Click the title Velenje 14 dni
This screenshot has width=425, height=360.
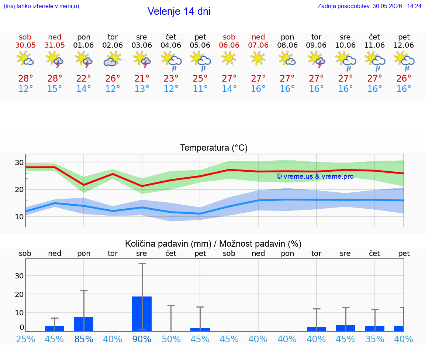tap(179, 11)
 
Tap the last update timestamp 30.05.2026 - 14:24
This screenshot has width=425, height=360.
tap(397, 6)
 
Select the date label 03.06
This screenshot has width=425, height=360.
tap(142, 45)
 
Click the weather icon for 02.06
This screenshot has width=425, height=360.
tap(113, 59)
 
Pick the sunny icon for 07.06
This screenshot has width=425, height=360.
tap(258, 58)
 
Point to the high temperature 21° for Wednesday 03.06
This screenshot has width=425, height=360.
tap(142, 78)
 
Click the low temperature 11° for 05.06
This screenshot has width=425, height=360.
tap(200, 89)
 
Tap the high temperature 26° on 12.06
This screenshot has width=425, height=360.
tap(404, 78)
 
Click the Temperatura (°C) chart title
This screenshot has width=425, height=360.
tap(214, 148)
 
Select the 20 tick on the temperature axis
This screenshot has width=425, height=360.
tap(19, 190)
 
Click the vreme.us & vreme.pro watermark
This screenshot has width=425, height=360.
tap(315, 176)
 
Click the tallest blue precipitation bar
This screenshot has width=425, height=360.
tap(142, 314)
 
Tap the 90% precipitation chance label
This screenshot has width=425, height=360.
tap(142, 339)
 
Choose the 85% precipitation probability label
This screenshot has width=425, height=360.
tap(84, 339)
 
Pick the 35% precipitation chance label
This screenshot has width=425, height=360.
tap(374, 339)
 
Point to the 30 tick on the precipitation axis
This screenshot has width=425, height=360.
tap(19, 276)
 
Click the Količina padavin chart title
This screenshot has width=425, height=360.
tap(213, 244)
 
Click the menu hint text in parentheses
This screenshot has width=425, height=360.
tap(41, 6)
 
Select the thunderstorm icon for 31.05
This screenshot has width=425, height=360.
tap(55, 59)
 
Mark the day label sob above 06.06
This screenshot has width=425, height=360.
tap(229, 37)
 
